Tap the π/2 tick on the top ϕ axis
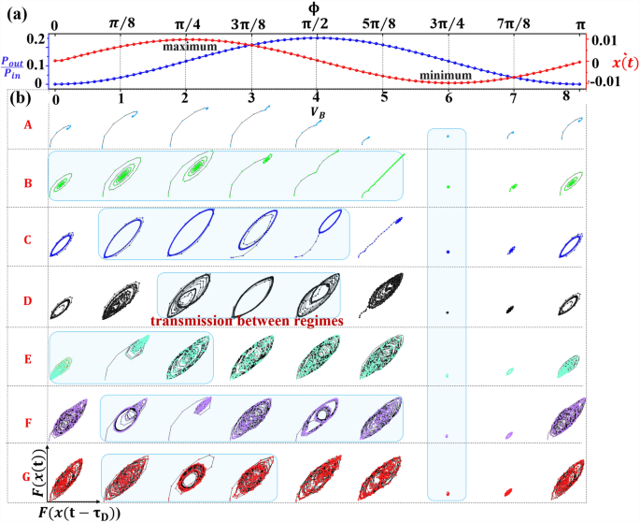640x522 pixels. click(317, 22)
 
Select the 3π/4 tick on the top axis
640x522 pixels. click(448, 22)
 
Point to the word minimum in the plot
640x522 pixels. click(445, 75)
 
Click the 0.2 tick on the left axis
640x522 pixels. click(37, 38)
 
